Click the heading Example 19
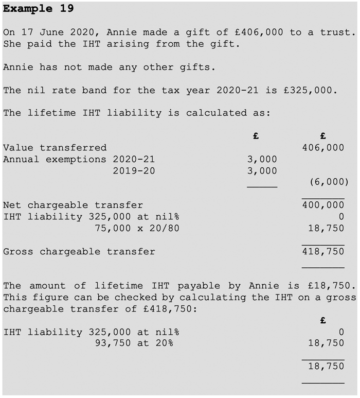(38, 9)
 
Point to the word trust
(337, 32)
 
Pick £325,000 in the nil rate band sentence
(310, 90)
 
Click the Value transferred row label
(55, 148)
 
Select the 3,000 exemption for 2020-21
(262, 160)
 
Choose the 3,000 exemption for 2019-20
(262, 171)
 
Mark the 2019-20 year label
(134, 171)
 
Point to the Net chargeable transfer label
(73, 205)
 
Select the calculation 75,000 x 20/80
(137, 228)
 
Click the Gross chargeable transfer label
(79, 252)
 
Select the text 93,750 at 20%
(134, 343)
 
